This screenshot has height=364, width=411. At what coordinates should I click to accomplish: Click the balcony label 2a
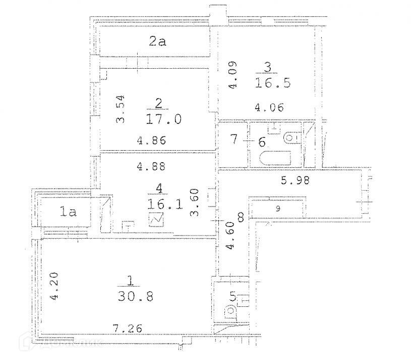[x=157, y=41]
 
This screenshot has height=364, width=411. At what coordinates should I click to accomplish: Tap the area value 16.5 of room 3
[x=273, y=83]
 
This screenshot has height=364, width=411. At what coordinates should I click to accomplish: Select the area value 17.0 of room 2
[x=163, y=119]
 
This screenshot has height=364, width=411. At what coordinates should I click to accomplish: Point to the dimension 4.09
[x=232, y=75]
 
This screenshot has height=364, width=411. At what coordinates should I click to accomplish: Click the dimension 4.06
[x=269, y=108]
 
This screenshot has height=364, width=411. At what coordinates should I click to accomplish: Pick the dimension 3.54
[x=121, y=109]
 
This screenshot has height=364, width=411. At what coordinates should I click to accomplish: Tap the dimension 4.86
[x=151, y=141]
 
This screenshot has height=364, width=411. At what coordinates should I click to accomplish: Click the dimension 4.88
[x=151, y=166]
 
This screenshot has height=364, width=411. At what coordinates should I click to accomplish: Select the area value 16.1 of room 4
[x=165, y=204]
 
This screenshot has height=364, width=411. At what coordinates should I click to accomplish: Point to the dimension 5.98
[x=295, y=180]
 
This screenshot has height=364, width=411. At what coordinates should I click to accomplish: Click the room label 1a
[x=68, y=211]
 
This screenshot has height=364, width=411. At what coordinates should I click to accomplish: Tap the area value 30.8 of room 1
[x=136, y=296]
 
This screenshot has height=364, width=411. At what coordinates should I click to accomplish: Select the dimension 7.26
[x=128, y=329]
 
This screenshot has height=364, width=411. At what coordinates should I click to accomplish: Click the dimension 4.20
[x=54, y=286]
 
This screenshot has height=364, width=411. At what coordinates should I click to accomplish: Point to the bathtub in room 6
[x=275, y=158]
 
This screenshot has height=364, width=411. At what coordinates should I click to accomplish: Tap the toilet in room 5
[x=230, y=312]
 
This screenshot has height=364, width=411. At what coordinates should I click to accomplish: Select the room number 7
[x=234, y=139]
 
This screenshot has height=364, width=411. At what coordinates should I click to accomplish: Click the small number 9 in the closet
[x=278, y=209]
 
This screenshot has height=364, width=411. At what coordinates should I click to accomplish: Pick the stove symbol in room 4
[x=156, y=219]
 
